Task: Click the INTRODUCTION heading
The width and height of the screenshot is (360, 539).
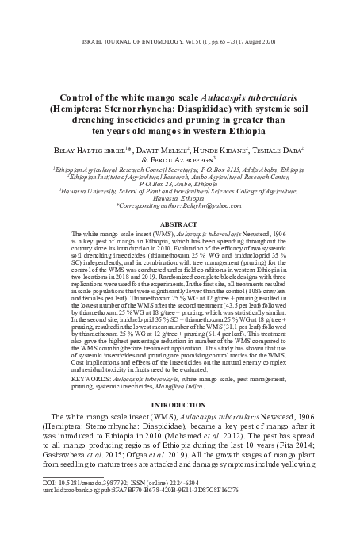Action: (x=180, y=402)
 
